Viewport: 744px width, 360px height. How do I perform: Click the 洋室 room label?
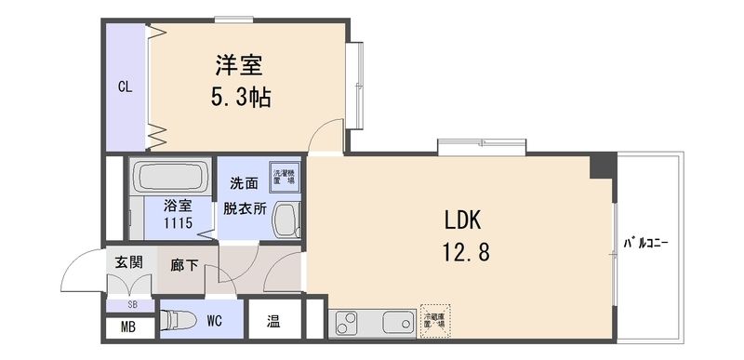240,66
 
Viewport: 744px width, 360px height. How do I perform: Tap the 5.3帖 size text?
240,97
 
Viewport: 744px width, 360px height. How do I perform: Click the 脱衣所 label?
244,209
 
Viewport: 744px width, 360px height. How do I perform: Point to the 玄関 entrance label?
128,262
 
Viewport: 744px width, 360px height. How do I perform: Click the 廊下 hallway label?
184,264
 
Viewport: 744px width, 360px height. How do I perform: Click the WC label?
214,322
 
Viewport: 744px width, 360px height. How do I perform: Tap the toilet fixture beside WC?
177,322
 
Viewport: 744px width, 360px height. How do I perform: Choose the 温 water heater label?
273,323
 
